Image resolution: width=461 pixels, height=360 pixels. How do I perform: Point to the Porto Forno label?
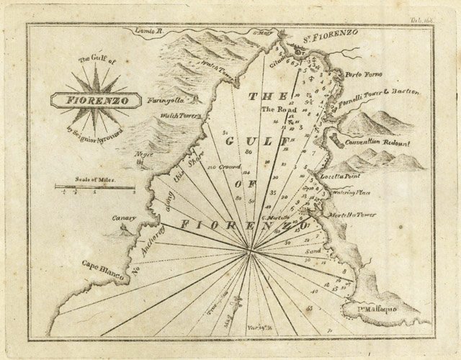tap(364, 75)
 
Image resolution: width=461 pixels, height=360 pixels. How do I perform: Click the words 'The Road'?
tap(279, 109)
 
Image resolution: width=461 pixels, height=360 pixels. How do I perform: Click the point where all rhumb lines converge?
tap(250, 251)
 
